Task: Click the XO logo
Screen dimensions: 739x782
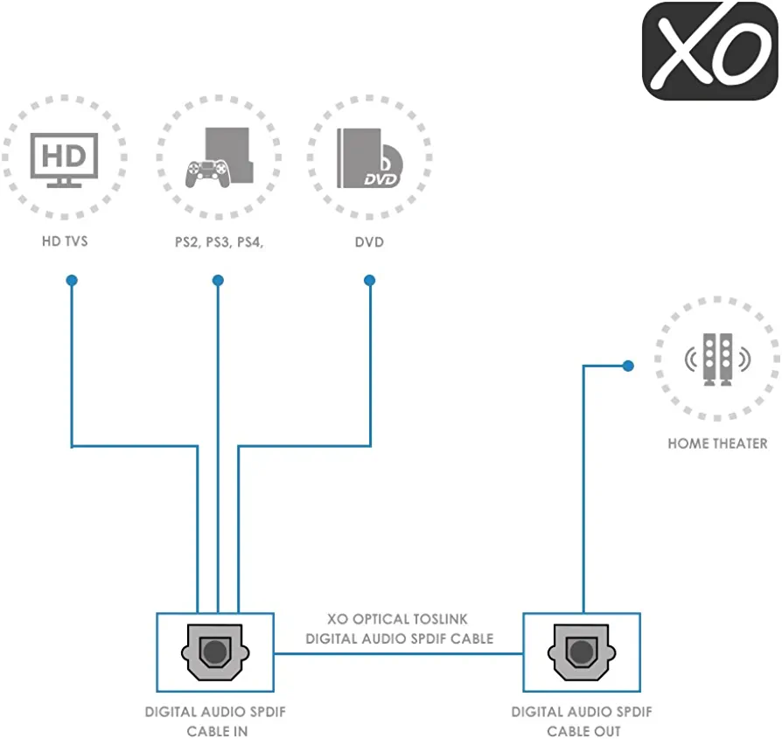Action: click(x=709, y=51)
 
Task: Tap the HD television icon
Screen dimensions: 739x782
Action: click(x=64, y=161)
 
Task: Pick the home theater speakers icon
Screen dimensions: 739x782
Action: click(x=716, y=358)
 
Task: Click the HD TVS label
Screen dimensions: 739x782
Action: click(x=64, y=241)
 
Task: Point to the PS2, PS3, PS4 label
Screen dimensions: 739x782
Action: click(x=218, y=241)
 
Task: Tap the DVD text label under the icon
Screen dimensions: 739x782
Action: click(x=369, y=241)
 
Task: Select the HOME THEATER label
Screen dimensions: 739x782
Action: click(x=717, y=443)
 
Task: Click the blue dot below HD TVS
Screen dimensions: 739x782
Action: click(x=72, y=281)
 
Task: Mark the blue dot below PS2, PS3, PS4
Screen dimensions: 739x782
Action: click(x=218, y=281)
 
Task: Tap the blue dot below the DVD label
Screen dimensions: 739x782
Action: click(x=370, y=281)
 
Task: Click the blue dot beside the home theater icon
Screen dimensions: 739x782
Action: click(x=627, y=366)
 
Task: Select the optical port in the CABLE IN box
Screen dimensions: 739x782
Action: click(x=214, y=652)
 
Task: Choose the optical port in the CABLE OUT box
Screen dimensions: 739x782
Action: click(x=581, y=652)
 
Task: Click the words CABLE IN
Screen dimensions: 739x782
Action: click(x=217, y=731)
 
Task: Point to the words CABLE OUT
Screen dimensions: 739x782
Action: click(x=583, y=731)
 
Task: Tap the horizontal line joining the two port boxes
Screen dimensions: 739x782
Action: click(x=398, y=653)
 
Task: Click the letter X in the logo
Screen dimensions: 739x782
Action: click(x=683, y=51)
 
